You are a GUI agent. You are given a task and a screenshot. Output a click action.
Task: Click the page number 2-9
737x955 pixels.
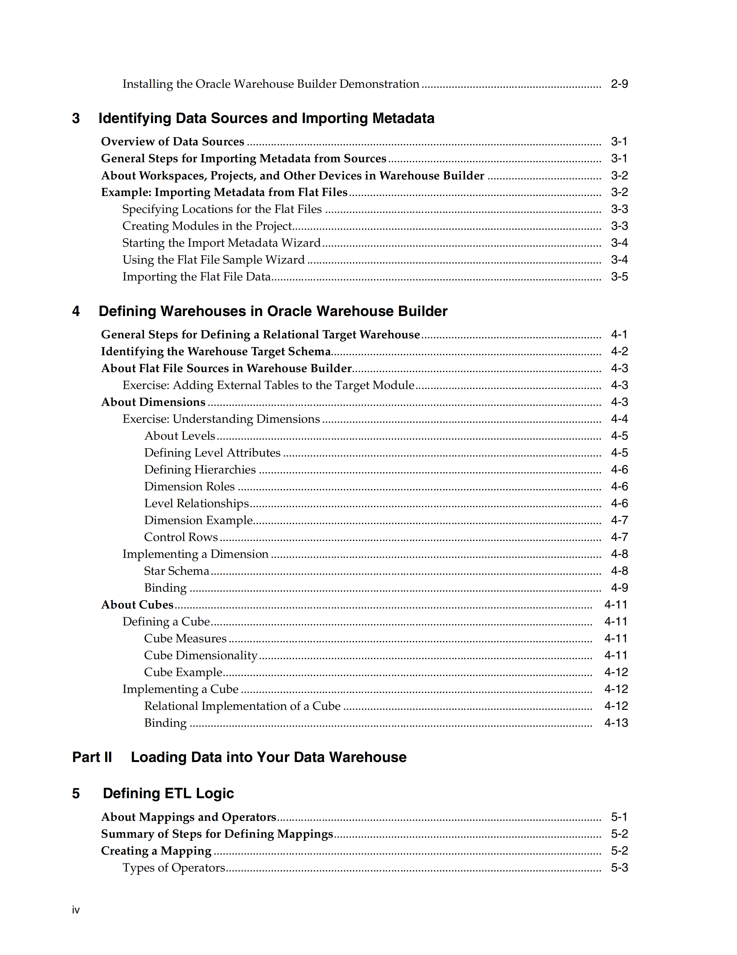click(x=619, y=84)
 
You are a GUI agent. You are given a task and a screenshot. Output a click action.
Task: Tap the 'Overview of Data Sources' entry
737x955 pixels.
click(x=173, y=142)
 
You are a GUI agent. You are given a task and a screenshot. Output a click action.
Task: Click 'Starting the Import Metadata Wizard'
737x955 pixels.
click(x=221, y=243)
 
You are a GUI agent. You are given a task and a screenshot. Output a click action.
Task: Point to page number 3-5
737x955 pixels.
click(x=619, y=277)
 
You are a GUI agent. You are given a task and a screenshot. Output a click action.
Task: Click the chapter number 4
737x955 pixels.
click(x=76, y=311)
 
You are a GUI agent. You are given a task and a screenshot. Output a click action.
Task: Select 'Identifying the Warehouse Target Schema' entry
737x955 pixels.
click(x=216, y=352)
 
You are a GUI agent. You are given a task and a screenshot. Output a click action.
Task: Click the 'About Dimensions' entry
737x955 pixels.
click(x=153, y=402)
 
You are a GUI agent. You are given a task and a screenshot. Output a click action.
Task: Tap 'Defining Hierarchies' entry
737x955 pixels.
click(x=200, y=470)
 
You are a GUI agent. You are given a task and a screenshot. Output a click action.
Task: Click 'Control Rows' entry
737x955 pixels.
click(x=181, y=537)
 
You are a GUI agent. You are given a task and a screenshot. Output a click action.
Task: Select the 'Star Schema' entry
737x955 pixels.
click(x=176, y=571)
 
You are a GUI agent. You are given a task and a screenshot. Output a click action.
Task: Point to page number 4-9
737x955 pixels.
click(x=619, y=588)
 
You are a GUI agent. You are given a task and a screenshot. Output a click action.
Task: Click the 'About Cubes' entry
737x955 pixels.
click(x=137, y=605)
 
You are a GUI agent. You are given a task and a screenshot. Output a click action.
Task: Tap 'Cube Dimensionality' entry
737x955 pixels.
click(x=201, y=656)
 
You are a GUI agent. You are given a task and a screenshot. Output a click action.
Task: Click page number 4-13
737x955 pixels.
click(x=616, y=723)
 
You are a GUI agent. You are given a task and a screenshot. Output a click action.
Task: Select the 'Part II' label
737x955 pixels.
click(x=92, y=757)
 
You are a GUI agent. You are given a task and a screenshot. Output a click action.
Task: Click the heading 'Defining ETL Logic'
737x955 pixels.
click(x=168, y=794)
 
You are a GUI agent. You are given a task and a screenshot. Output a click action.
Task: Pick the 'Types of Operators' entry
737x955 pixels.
click(x=173, y=868)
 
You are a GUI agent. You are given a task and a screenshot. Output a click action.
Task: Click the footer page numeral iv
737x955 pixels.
click(x=76, y=910)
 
